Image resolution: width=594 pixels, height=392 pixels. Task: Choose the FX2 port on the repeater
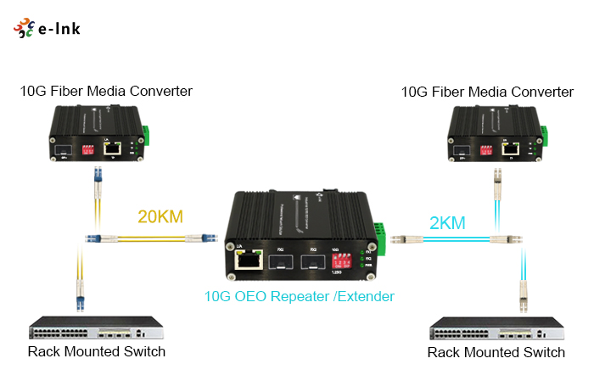315,260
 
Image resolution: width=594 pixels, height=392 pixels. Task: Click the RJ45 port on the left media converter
111,148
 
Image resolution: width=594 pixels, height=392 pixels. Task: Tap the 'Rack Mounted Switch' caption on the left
96,351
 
